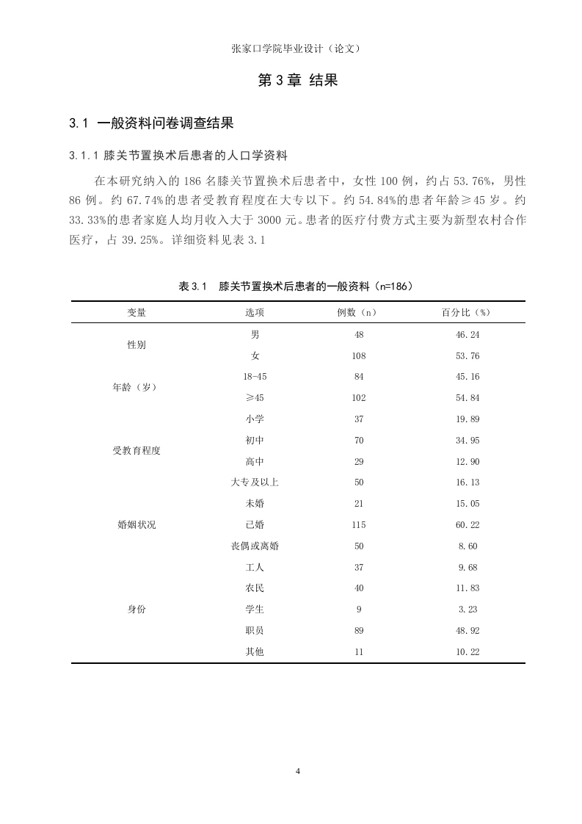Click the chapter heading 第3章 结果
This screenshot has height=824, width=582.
pyautogui.click(x=298, y=81)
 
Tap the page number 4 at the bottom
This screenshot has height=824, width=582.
pyautogui.click(x=298, y=770)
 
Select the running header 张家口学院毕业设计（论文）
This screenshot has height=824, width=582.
pyautogui.click(x=296, y=48)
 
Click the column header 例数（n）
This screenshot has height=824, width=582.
pyautogui.click(x=357, y=312)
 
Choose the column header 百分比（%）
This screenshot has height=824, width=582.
pyautogui.click(x=465, y=312)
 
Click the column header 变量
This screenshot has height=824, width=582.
pyautogui.click(x=137, y=312)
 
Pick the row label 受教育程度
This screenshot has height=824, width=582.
pyautogui.click(x=137, y=451)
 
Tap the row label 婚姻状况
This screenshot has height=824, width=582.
pyautogui.click(x=137, y=525)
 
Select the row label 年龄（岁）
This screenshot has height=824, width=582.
pyautogui.click(x=137, y=387)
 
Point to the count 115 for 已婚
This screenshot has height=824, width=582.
pyautogui.click(x=358, y=525)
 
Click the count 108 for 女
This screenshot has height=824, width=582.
pyautogui.click(x=358, y=356)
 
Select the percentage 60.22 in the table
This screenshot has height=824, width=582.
pyautogui.click(x=467, y=525)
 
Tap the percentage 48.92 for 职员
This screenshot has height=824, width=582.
pyautogui.click(x=467, y=631)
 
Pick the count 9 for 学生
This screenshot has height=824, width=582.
pyautogui.click(x=358, y=610)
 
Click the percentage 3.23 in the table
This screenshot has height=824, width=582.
pyautogui.click(x=467, y=610)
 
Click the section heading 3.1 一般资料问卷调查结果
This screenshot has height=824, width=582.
pyautogui.click(x=151, y=123)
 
